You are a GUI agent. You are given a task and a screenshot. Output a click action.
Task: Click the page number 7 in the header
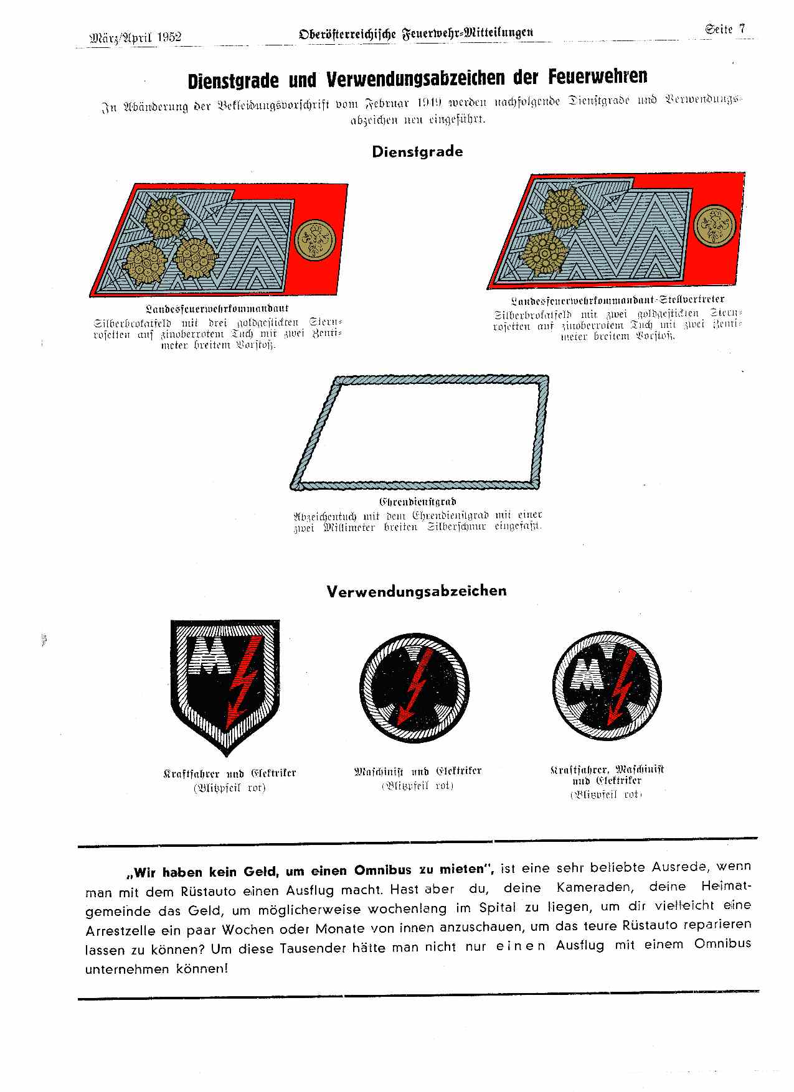742,29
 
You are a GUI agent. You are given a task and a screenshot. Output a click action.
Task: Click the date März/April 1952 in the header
136,37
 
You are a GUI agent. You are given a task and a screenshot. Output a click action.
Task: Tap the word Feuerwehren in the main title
598,77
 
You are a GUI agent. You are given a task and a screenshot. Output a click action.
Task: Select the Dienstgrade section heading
417,152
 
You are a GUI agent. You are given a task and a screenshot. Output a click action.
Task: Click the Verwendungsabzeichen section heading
417,591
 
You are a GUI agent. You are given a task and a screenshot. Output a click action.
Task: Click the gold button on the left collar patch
315,240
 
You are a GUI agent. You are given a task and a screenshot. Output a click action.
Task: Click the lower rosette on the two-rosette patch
542,252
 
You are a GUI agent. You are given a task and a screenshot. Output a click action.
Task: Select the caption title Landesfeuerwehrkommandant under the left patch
217,309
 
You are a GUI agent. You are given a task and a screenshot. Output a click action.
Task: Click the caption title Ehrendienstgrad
417,502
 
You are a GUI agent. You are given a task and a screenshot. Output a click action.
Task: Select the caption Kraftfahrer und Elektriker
229,774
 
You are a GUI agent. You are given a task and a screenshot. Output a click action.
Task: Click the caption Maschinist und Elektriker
417,772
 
